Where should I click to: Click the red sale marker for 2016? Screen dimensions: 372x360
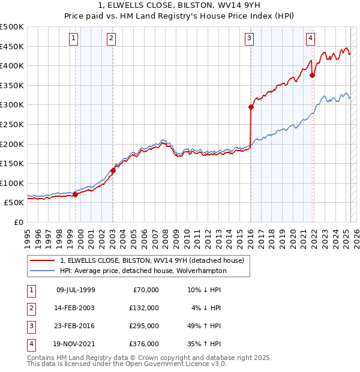coord(251,107)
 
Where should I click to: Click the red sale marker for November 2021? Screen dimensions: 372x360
coord(313,75)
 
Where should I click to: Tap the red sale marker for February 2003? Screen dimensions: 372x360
coord(113,170)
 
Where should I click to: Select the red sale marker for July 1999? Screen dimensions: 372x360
coord(76,194)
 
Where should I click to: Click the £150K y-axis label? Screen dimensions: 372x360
coord(12,163)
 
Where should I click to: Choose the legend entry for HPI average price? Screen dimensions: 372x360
coord(143,271)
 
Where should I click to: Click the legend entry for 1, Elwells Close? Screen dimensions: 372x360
coord(152,260)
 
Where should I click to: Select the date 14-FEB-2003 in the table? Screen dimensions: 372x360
coord(76,308)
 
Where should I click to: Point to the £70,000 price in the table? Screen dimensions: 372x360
coord(144,290)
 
